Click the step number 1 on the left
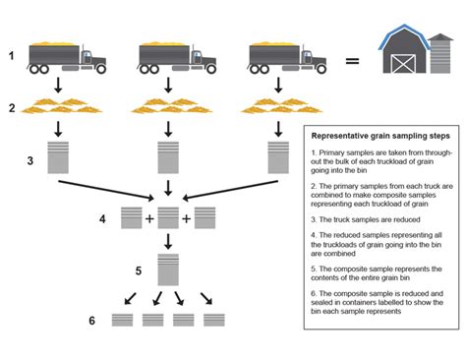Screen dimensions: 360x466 tap(12, 56)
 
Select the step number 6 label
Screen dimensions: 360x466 tap(92, 321)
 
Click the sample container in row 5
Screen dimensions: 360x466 tap(167, 269)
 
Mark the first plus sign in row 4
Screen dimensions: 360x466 tap(149, 218)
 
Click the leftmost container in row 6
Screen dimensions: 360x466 tap(123, 321)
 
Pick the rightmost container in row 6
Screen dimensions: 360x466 tap(214, 321)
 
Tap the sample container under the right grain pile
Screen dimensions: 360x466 tap(276, 157)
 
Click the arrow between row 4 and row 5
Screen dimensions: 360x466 tap(167, 240)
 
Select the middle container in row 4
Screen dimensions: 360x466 tap(167, 217)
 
